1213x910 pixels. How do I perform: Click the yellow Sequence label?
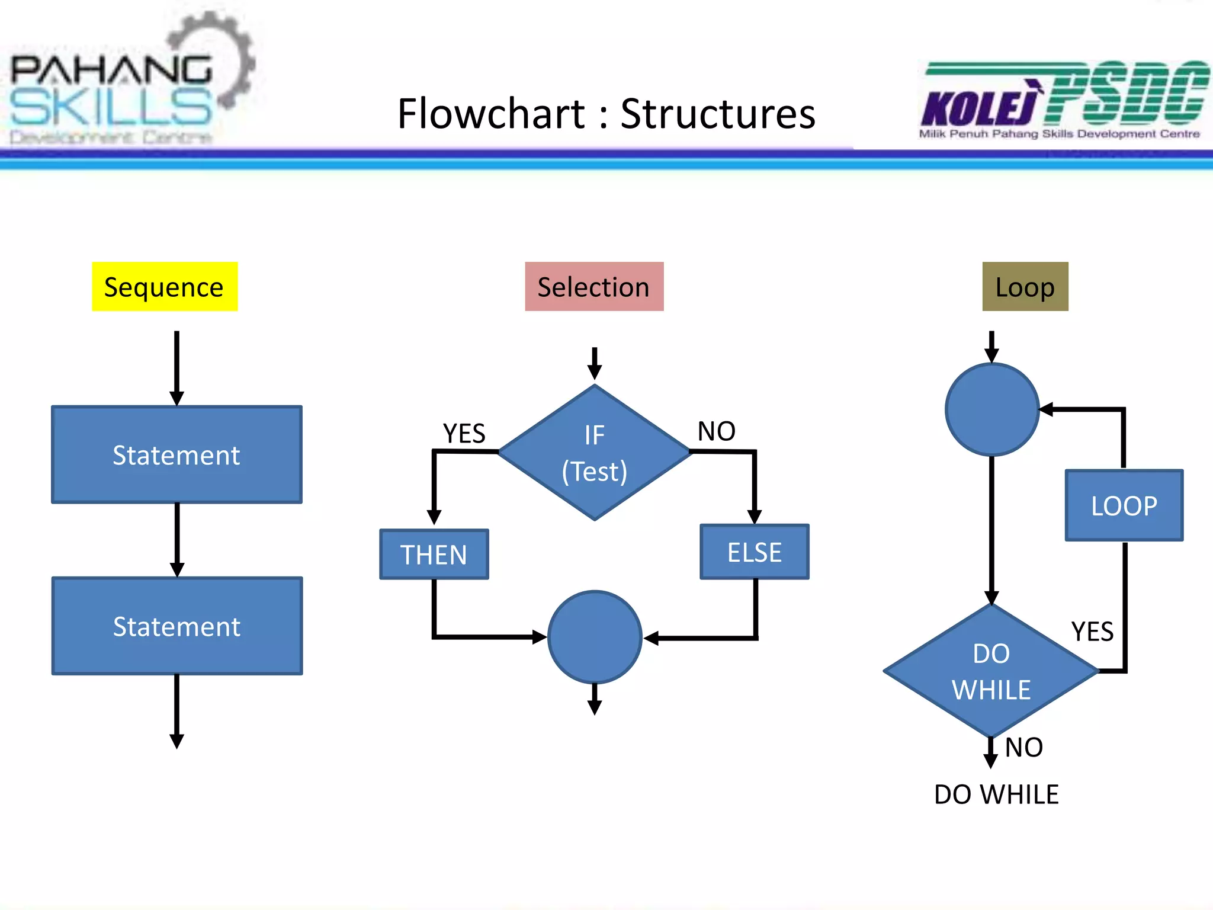click(x=165, y=287)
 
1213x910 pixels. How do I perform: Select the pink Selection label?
click(x=594, y=287)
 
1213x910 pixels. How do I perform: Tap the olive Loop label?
click(x=1025, y=287)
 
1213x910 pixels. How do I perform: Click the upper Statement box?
click(x=177, y=455)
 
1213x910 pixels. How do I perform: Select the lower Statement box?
click(x=177, y=626)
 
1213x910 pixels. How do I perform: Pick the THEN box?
click(x=434, y=555)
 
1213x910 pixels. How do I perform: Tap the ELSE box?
click(x=755, y=552)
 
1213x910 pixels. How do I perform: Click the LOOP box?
click(x=1124, y=505)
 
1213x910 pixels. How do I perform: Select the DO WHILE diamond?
click(x=991, y=671)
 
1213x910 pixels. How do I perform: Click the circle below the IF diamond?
click(x=595, y=637)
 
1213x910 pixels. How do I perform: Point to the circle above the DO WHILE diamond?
click(x=992, y=410)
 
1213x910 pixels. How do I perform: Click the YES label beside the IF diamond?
click(x=464, y=433)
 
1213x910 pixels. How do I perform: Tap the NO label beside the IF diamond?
click(x=717, y=431)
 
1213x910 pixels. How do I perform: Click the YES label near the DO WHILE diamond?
click(x=1092, y=632)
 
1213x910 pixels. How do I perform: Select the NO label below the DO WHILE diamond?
click(x=1024, y=747)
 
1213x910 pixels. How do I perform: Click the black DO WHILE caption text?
click(x=996, y=794)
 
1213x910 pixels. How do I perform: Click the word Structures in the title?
click(x=718, y=114)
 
